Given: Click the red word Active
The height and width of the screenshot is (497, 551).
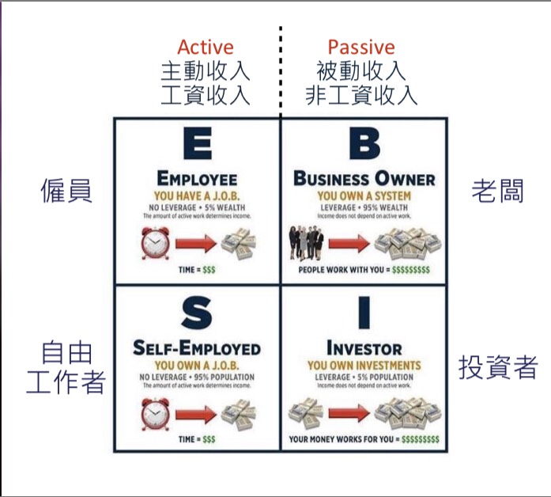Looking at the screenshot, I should click(x=205, y=47).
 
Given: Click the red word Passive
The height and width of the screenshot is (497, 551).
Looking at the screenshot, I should click(x=361, y=47).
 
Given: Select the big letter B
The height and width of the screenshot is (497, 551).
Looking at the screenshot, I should click(x=364, y=145).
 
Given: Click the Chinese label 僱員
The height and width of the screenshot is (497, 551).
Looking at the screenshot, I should click(x=66, y=191).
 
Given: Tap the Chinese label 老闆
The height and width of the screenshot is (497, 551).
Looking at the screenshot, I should click(x=497, y=191).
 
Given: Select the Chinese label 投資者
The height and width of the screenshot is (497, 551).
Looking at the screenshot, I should click(x=498, y=366).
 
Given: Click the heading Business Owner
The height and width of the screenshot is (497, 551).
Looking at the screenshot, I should click(x=364, y=179).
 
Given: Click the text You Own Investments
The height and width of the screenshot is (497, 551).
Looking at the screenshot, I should click(x=364, y=365).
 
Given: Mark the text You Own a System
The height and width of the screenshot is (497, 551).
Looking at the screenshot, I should click(x=364, y=195).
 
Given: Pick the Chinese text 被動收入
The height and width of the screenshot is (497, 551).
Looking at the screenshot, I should click(x=361, y=71).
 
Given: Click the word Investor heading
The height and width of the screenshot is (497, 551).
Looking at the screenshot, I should click(x=364, y=349).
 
